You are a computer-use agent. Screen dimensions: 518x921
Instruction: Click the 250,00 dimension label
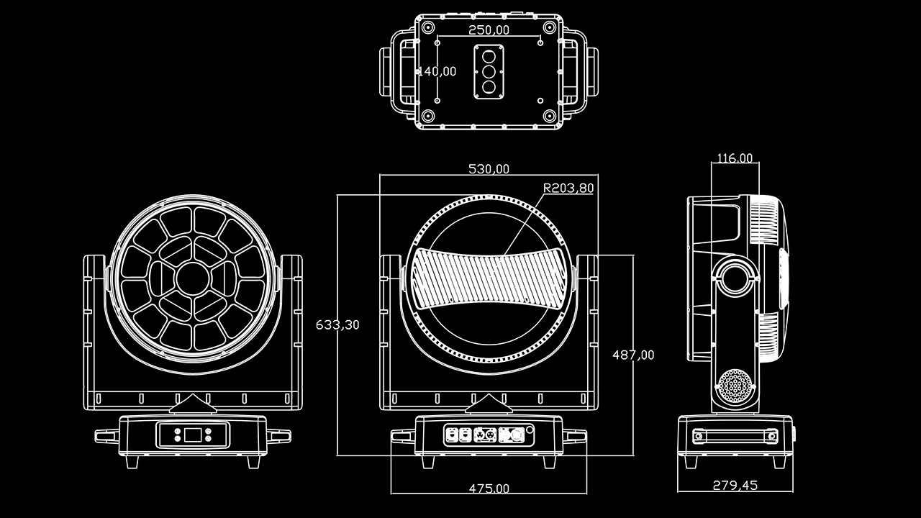tap(489, 29)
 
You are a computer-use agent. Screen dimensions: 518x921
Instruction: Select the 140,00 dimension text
tap(437, 71)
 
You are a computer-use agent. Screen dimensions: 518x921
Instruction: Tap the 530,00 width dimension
tap(489, 169)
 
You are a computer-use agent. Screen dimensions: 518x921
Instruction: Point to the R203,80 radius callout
tap(568, 188)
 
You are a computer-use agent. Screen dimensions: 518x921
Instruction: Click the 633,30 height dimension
tap(337, 324)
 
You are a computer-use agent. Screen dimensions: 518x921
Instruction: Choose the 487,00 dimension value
tap(633, 355)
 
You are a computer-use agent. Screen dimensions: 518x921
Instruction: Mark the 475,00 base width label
tap(489, 489)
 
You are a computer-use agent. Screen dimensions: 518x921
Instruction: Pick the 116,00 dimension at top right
tap(735, 158)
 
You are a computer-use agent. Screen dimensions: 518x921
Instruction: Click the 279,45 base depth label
tap(735, 485)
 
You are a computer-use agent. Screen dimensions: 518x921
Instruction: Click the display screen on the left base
tap(193, 435)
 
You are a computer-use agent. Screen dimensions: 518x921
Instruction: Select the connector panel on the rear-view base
tap(488, 435)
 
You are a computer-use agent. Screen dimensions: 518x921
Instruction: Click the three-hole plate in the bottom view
tap(489, 71)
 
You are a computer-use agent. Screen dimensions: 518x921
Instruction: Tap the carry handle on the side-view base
tap(735, 435)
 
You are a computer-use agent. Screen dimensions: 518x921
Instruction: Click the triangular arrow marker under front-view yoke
tap(192, 404)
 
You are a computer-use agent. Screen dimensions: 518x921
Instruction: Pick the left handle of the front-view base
tap(107, 435)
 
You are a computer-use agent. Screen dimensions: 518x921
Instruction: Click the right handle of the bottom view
tap(581, 71)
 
